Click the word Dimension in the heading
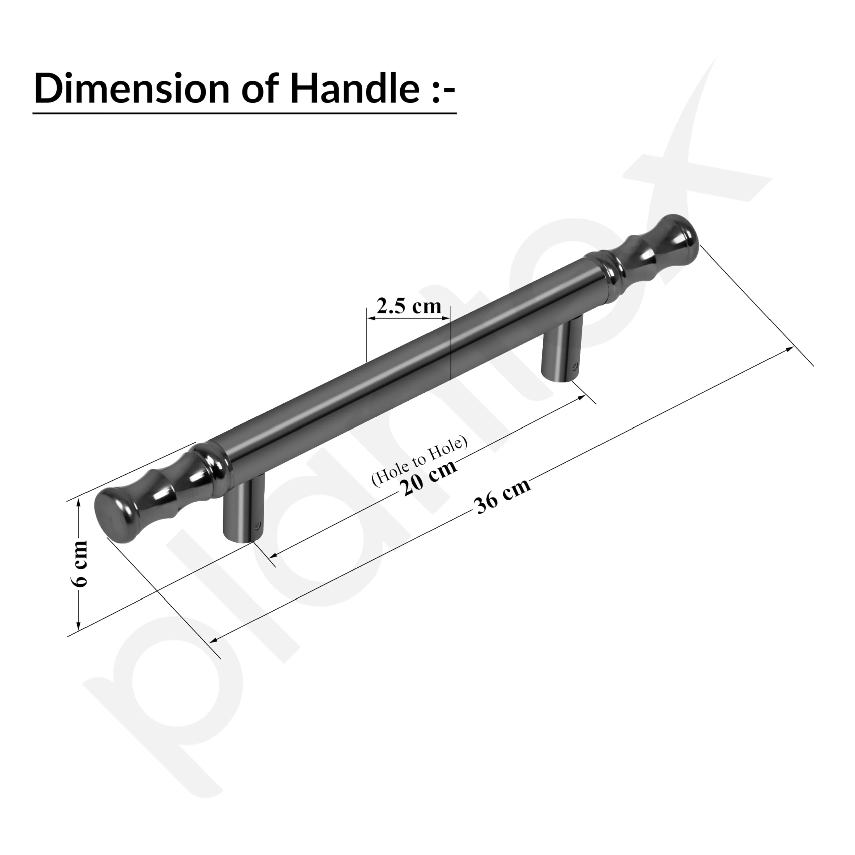click(132, 89)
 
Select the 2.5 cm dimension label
click(408, 306)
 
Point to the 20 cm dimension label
click(429, 480)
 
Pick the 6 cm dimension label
click(80, 564)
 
